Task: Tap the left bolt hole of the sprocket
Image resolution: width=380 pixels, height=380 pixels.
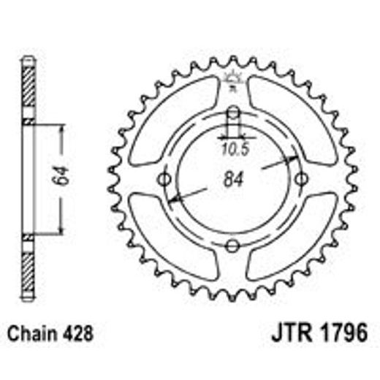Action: (164, 180)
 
